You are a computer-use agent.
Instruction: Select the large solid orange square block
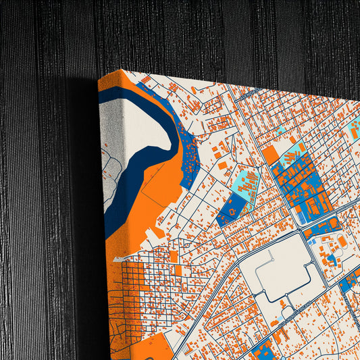(x=270, y=155)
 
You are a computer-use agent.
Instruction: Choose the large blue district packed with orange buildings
(x=303, y=185)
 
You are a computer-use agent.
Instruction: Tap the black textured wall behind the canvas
(x=41, y=203)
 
